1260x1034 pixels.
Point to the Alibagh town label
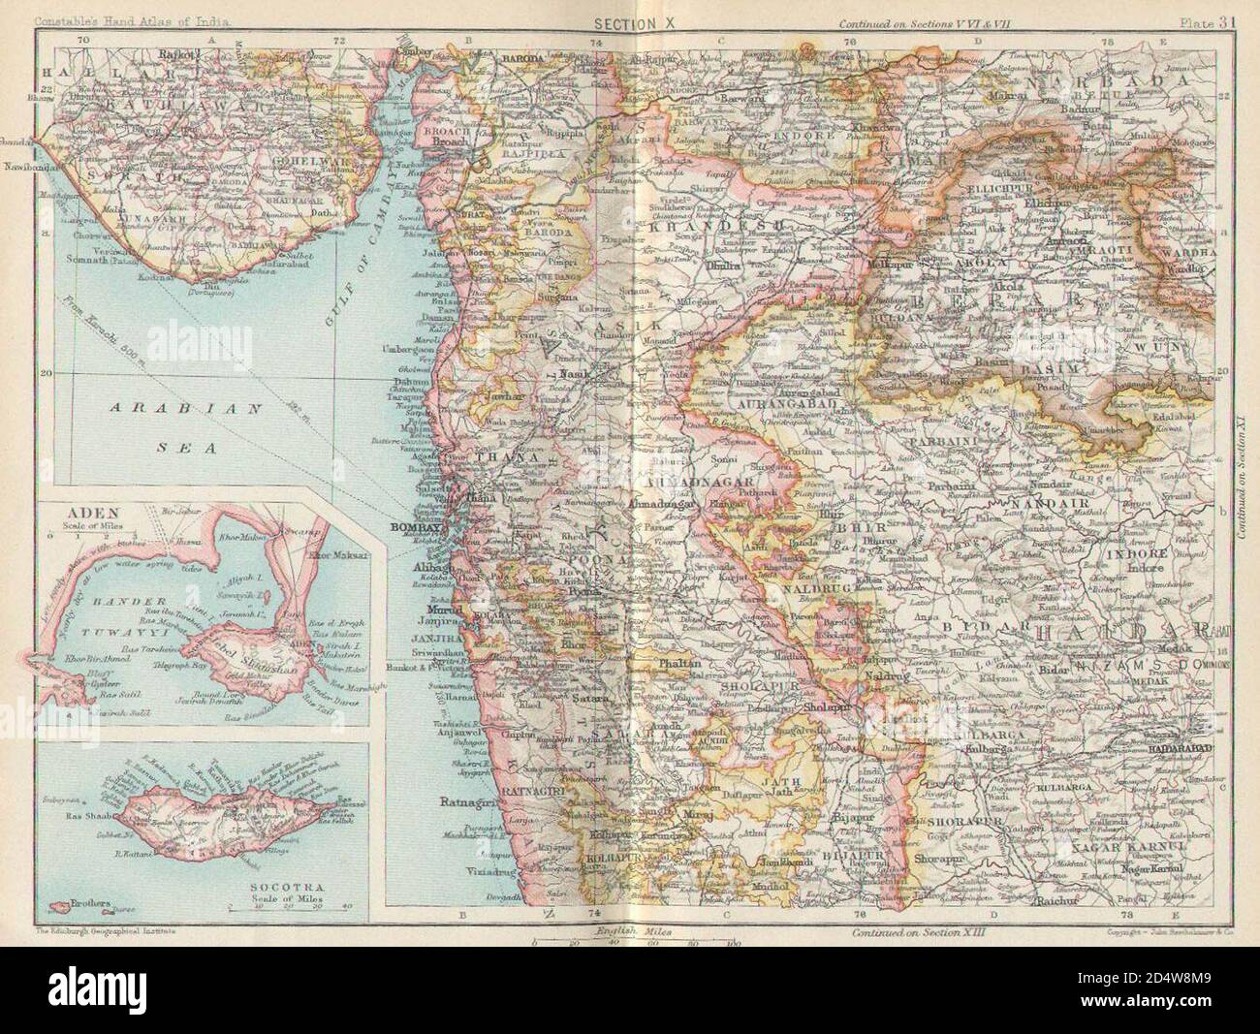(x=414, y=571)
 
